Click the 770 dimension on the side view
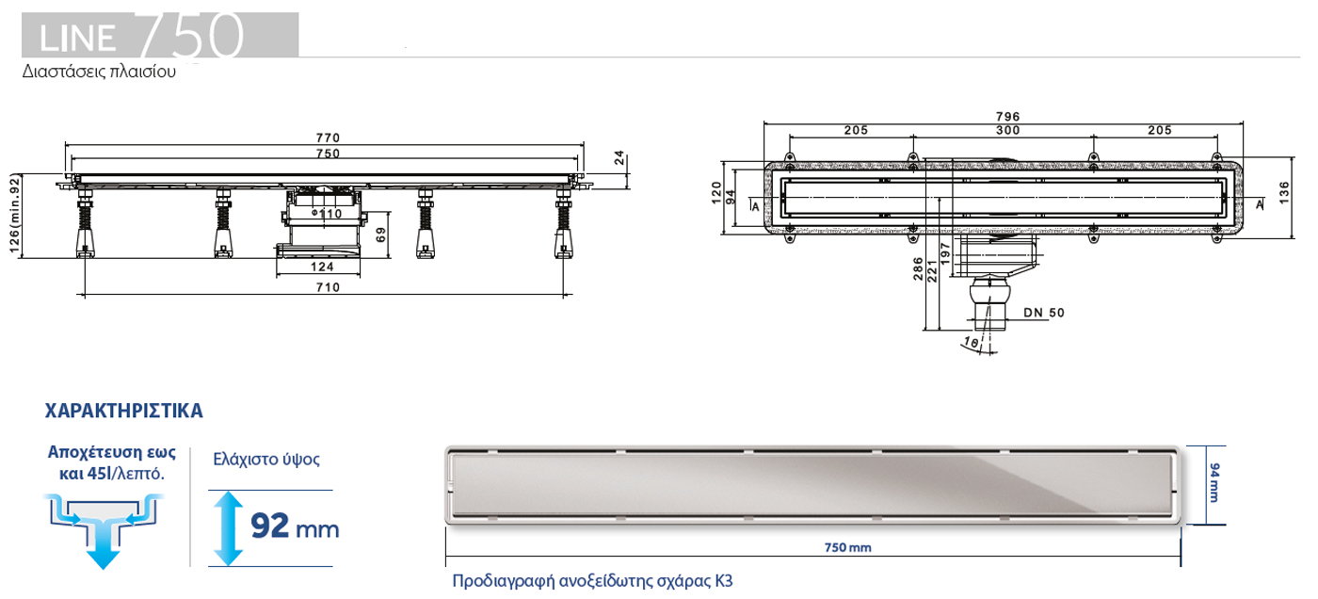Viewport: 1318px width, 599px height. coord(327,138)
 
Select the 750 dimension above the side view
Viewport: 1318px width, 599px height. coord(327,153)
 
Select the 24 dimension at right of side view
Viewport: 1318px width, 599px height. coord(619,158)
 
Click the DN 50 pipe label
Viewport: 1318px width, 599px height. coord(1044,313)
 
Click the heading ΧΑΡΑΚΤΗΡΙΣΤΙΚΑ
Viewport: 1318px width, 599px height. coord(124,412)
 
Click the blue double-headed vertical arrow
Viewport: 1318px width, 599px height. coord(226,527)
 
